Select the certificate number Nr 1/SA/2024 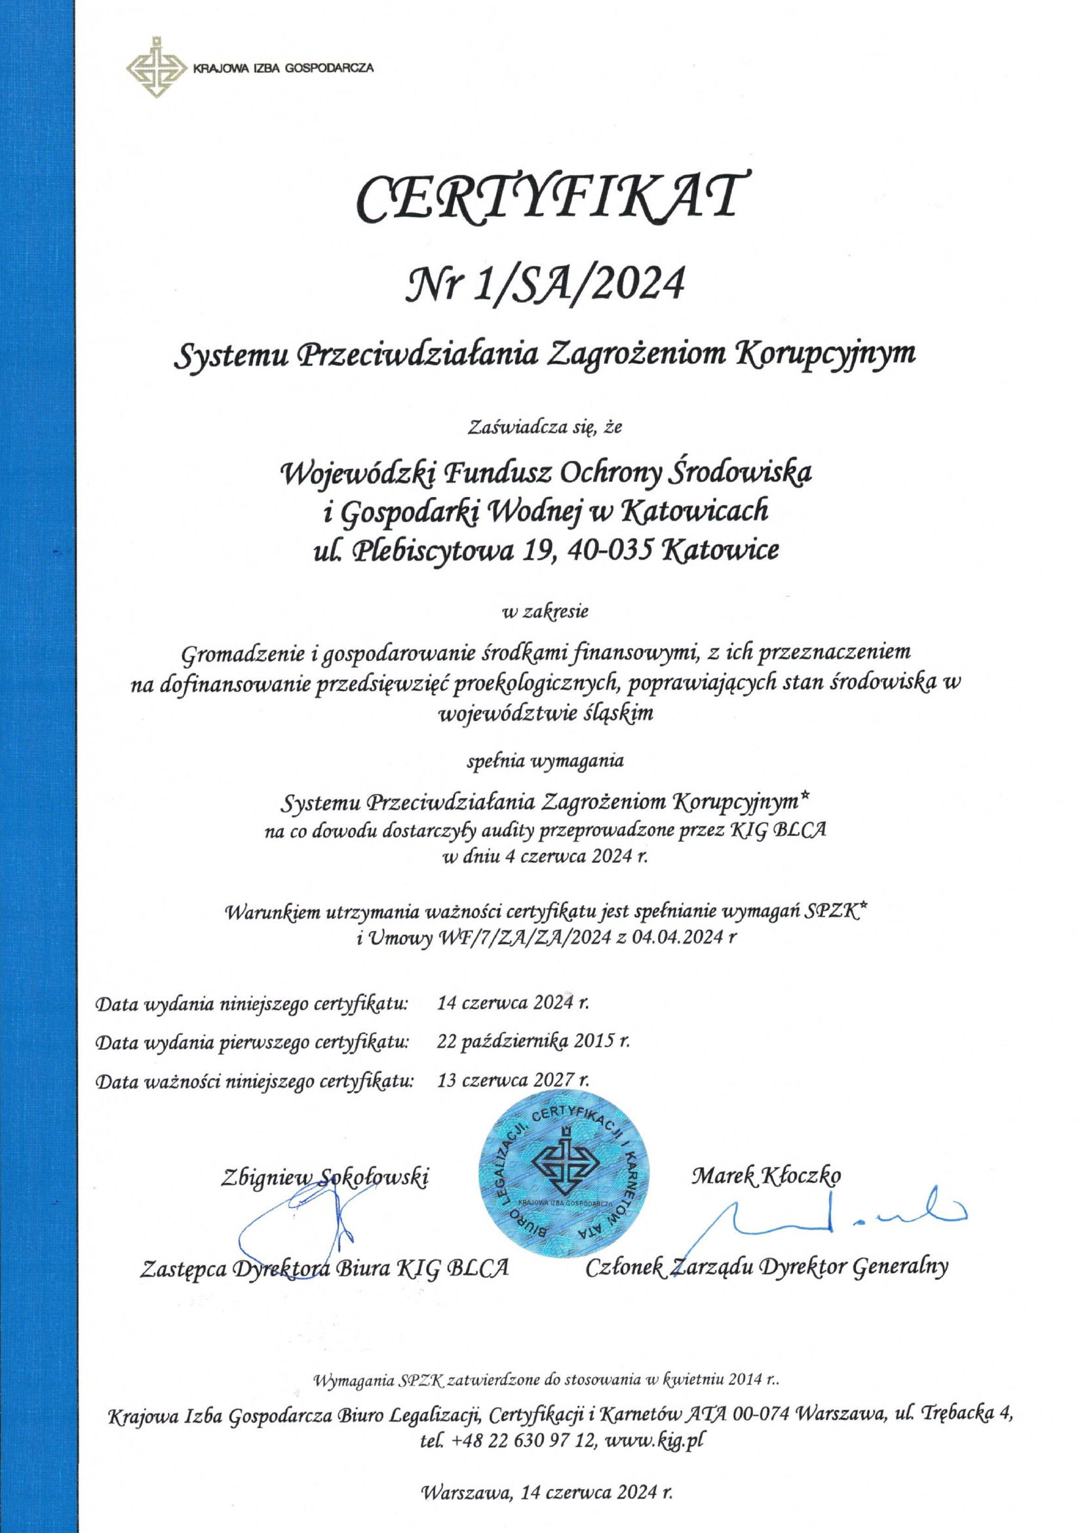coord(549,285)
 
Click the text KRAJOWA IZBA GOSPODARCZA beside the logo coord(282,68)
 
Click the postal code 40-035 coord(608,551)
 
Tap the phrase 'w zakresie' coord(545,610)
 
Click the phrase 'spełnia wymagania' coord(545,761)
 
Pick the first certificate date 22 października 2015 coord(533,1041)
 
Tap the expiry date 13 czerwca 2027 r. coord(513,1080)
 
